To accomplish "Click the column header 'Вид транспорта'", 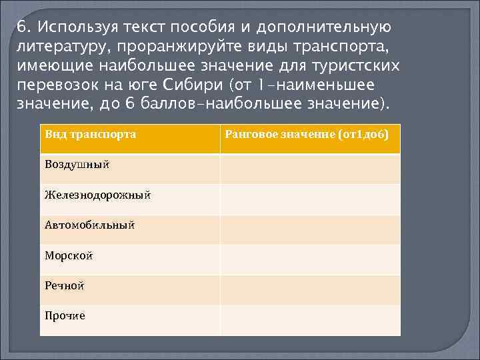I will [x=90, y=135].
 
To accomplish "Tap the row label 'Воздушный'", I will [x=77, y=164].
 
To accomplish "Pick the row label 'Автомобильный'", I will [x=89, y=225].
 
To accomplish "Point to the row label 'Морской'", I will [x=69, y=255].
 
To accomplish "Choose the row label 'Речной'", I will [x=64, y=285].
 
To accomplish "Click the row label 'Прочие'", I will [x=65, y=315].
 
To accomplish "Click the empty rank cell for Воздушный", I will [x=310, y=169].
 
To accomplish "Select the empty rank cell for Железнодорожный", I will [x=310, y=199].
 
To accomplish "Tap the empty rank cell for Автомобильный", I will [x=310, y=230].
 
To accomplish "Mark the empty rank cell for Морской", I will [x=310, y=260].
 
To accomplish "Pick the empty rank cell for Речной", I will [x=310, y=290].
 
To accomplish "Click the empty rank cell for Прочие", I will [x=310, y=320].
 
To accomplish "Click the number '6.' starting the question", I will [x=24, y=28].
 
